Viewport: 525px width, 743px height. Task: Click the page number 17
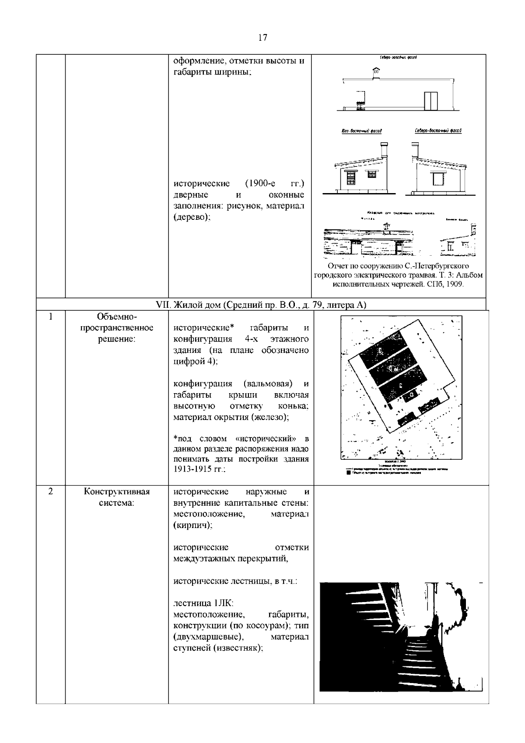tap(262, 38)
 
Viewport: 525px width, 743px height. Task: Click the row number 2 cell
tap(51, 491)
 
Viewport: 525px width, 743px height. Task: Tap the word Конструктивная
tap(117, 491)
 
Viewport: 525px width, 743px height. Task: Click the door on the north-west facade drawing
tap(431, 101)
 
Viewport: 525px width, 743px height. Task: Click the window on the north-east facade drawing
tap(438, 179)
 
